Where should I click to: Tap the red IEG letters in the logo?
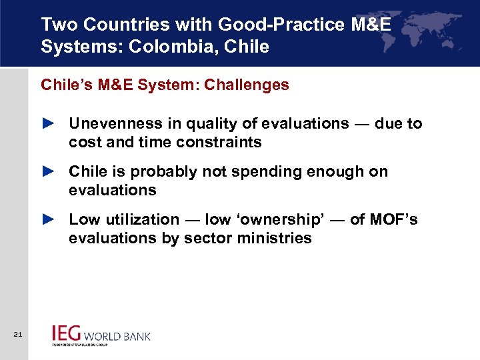click(67, 333)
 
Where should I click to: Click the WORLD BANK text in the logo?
click(117, 335)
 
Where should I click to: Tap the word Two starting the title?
click(55, 25)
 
